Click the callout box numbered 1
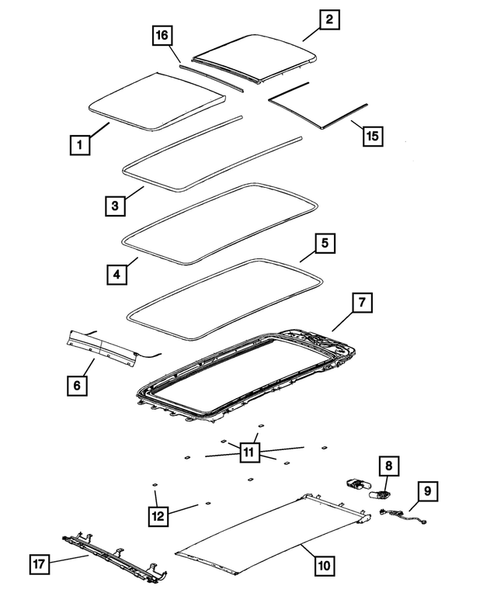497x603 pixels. pyautogui.click(x=78, y=144)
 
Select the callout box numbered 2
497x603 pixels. pyautogui.click(x=329, y=20)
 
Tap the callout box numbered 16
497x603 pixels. pyautogui.click(x=162, y=35)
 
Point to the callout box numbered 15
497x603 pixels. pyautogui.click(x=373, y=135)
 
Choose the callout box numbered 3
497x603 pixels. pyautogui.click(x=115, y=205)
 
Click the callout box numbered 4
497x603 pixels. pyautogui.click(x=115, y=274)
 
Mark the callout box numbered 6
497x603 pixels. pyautogui.click(x=76, y=384)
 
